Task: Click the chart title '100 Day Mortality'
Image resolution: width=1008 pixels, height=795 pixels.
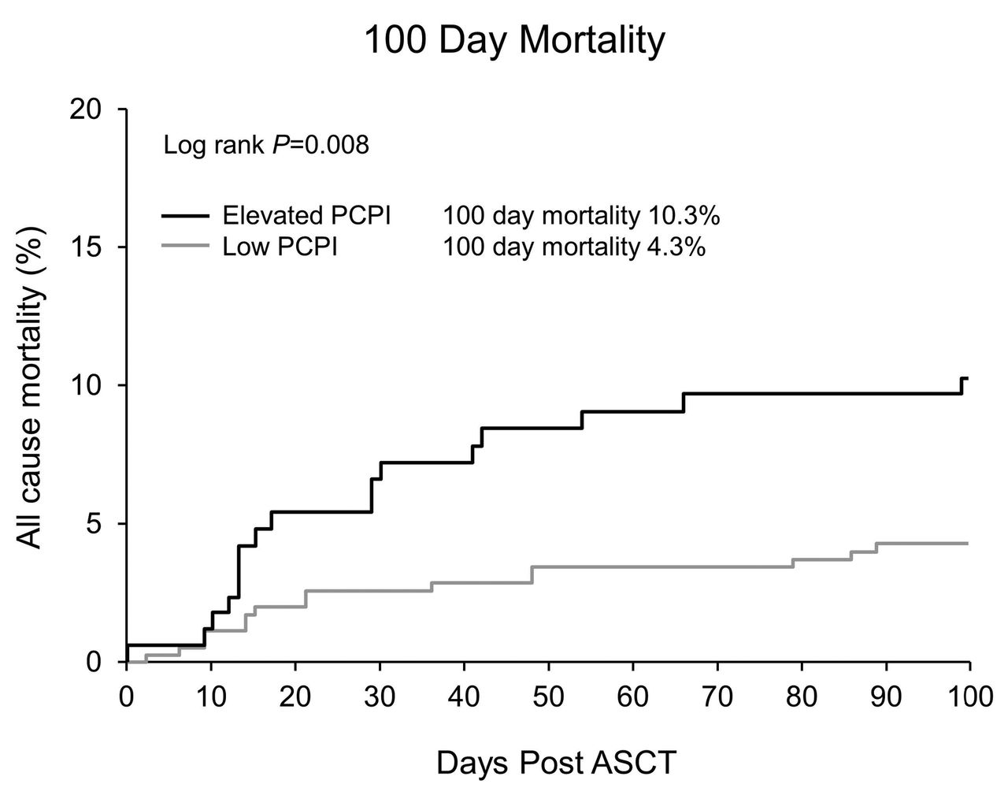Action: pyautogui.click(x=514, y=42)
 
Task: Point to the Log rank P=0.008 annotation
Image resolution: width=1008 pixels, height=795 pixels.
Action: pyautogui.click(x=266, y=145)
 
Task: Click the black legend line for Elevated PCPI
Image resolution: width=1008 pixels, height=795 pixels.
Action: pyautogui.click(x=186, y=216)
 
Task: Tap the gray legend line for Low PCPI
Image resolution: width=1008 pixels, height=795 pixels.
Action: pyautogui.click(x=186, y=245)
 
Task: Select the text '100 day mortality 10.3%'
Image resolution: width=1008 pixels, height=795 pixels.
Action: pyautogui.click(x=581, y=216)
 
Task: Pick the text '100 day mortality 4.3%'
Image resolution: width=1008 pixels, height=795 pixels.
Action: pyautogui.click(x=574, y=247)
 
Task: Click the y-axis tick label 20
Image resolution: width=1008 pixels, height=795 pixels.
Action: pyautogui.click(x=85, y=110)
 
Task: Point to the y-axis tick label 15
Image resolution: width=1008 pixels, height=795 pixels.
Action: pyautogui.click(x=85, y=247)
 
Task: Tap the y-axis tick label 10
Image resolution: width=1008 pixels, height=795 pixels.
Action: pyautogui.click(x=85, y=386)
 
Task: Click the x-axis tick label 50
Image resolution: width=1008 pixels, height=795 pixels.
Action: pyautogui.click(x=549, y=697)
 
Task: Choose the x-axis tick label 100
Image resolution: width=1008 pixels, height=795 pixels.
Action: pyautogui.click(x=969, y=697)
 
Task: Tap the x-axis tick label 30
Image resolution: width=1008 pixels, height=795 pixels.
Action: pyautogui.click(x=380, y=697)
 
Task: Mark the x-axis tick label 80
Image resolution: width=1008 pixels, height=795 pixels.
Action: pyautogui.click(x=802, y=697)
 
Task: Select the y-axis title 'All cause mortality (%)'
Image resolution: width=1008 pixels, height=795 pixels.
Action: pyautogui.click(x=31, y=387)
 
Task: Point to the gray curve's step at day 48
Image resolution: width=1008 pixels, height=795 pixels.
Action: pyautogui.click(x=532, y=574)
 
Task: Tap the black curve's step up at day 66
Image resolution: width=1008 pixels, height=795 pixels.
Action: pyautogui.click(x=684, y=403)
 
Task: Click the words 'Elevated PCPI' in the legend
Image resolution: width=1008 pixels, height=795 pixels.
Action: pyautogui.click(x=306, y=216)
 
